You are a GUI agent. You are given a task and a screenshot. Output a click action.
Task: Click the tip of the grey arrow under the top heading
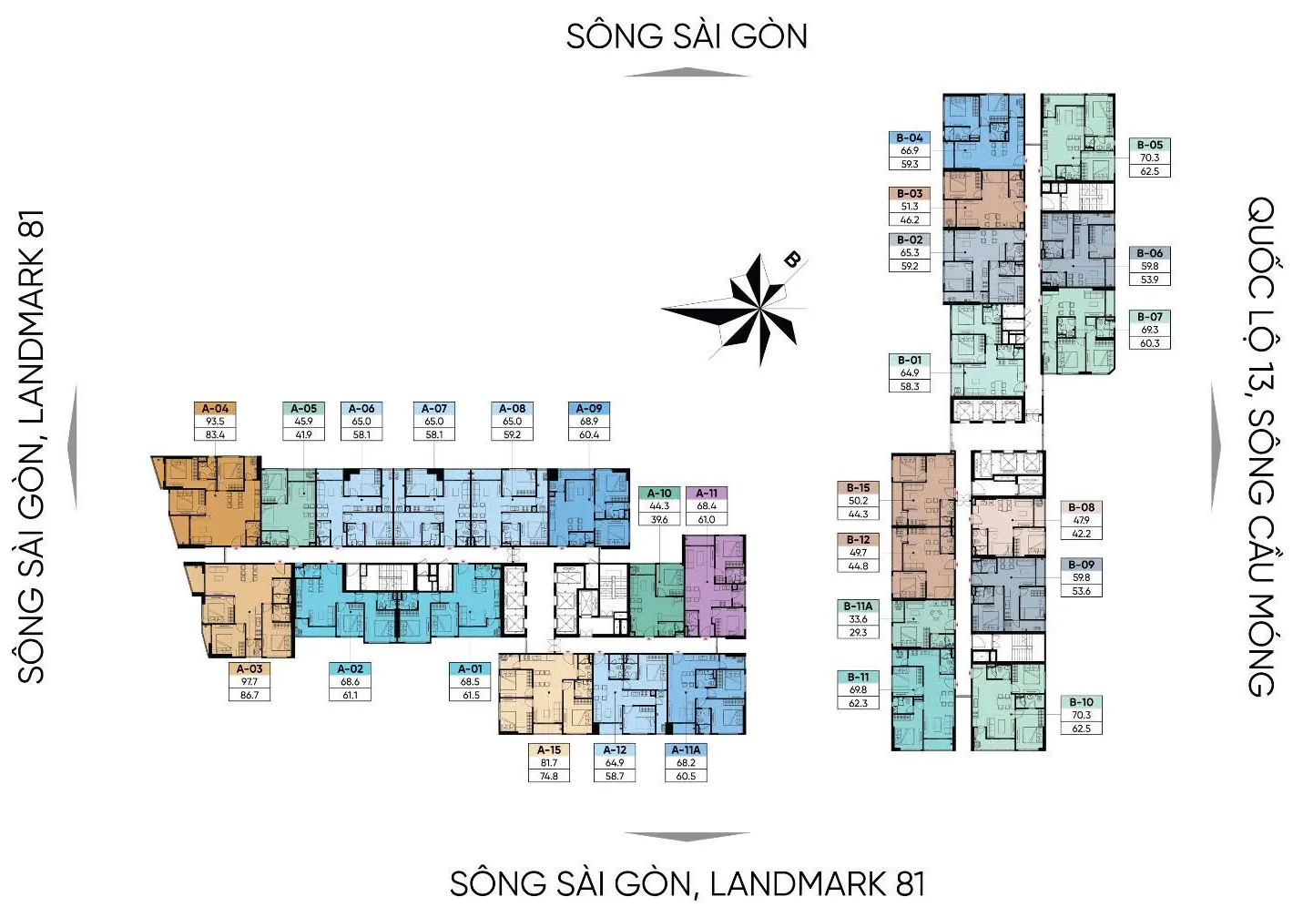(686, 68)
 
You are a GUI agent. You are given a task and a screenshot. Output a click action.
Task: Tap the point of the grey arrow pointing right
(1221, 445)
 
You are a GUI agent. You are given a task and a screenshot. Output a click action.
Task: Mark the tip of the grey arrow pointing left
(68, 447)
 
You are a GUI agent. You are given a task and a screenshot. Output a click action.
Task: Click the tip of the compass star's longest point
(661, 310)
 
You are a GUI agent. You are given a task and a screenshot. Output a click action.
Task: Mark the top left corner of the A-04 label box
(195, 402)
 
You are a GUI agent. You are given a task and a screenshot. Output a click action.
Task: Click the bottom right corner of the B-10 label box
(1102, 735)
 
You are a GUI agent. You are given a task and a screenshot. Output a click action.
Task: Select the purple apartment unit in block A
(715, 586)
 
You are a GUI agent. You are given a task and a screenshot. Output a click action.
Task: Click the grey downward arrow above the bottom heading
(687, 837)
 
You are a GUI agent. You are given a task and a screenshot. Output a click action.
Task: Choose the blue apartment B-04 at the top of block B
(983, 132)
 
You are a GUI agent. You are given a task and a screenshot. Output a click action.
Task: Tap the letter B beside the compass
(792, 260)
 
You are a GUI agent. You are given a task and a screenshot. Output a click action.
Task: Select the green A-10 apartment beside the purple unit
(657, 600)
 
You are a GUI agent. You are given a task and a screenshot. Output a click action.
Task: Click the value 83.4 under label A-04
(215, 434)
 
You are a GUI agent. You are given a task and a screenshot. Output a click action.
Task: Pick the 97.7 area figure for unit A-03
(249, 681)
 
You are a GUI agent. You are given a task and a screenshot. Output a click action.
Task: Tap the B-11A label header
(858, 606)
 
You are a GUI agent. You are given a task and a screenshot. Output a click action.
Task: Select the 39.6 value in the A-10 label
(658, 520)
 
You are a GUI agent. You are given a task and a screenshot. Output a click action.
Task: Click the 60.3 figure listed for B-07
(1149, 343)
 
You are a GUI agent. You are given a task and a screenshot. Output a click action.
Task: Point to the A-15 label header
(548, 750)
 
